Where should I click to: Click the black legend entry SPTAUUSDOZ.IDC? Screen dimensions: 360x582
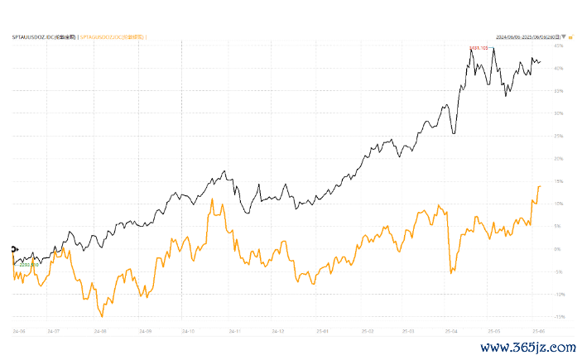pos(43,37)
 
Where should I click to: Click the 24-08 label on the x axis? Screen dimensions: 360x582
pos(101,331)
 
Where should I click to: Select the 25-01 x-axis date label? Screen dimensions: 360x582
pos(323,331)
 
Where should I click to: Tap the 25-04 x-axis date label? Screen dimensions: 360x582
pos(451,331)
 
